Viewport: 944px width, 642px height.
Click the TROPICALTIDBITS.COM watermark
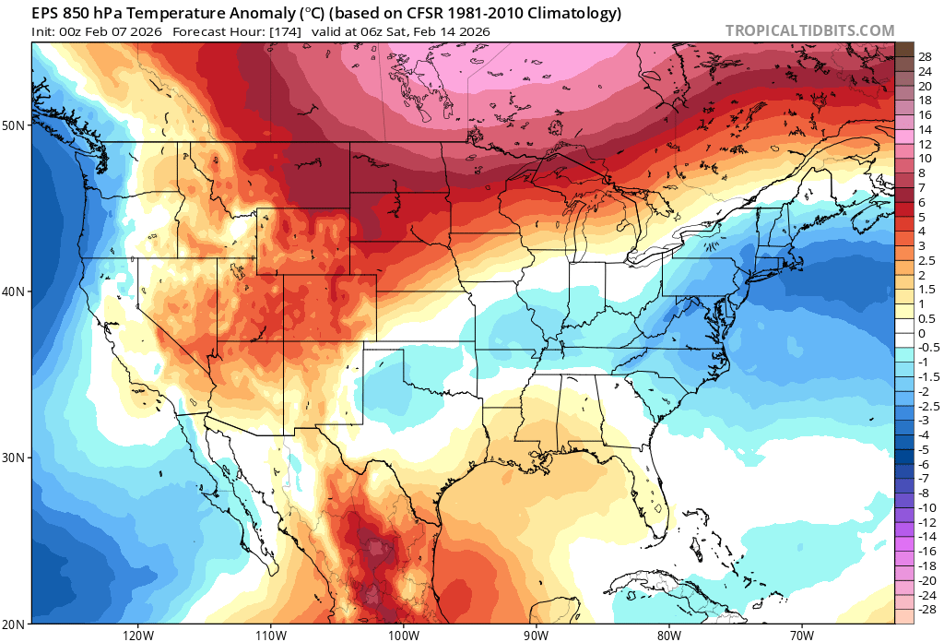point(809,30)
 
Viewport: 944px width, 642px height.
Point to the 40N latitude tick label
point(17,291)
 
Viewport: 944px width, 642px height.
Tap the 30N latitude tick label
point(17,458)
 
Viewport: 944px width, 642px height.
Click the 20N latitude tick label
point(17,624)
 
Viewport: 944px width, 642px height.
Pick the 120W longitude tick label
point(136,635)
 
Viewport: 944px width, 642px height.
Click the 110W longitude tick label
point(269,635)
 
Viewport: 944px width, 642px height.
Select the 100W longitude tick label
point(403,635)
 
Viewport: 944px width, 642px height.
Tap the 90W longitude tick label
point(536,635)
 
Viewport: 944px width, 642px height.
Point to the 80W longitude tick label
point(668,635)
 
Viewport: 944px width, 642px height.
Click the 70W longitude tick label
point(801,635)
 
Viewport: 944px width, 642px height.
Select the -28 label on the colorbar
point(927,610)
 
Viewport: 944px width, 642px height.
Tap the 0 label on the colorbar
point(921,333)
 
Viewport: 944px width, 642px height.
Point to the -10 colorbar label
point(927,507)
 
